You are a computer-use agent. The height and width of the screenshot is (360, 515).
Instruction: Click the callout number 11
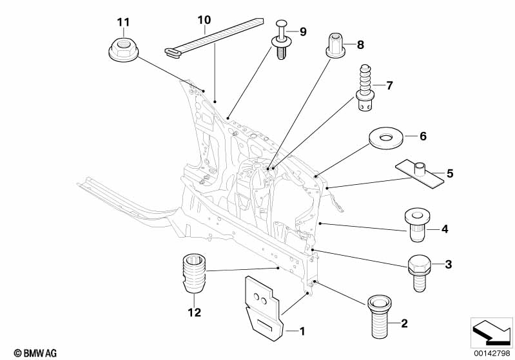click(123, 23)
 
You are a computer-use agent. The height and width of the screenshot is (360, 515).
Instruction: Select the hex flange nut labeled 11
click(124, 49)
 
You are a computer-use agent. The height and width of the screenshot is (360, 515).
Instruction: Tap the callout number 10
click(204, 20)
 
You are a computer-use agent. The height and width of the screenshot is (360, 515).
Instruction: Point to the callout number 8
click(360, 44)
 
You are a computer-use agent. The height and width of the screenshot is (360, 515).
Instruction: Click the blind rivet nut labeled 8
click(337, 45)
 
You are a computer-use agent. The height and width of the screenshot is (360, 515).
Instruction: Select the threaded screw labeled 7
click(365, 88)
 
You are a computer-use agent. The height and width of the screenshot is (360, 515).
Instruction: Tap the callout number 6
click(423, 136)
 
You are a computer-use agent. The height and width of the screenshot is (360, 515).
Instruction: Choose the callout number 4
click(444, 229)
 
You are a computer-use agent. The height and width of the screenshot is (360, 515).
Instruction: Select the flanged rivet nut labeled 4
click(417, 225)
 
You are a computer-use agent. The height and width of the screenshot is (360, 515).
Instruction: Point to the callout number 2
click(404, 323)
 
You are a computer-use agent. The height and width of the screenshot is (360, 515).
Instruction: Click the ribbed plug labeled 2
click(380, 317)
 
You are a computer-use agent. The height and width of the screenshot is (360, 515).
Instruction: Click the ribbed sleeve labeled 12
click(194, 273)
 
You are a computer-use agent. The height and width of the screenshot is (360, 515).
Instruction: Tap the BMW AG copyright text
click(35, 353)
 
